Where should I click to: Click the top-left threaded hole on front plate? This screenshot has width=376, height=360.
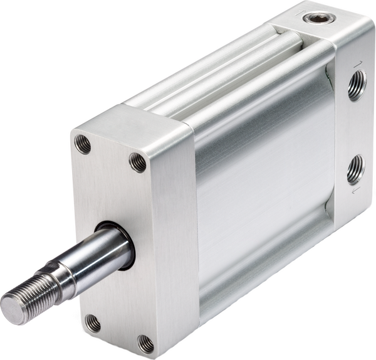(83, 144)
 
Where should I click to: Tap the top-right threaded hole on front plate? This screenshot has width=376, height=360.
(137, 162)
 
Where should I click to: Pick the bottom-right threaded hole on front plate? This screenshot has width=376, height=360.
(145, 343)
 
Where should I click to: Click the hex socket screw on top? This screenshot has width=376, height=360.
(311, 18)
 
